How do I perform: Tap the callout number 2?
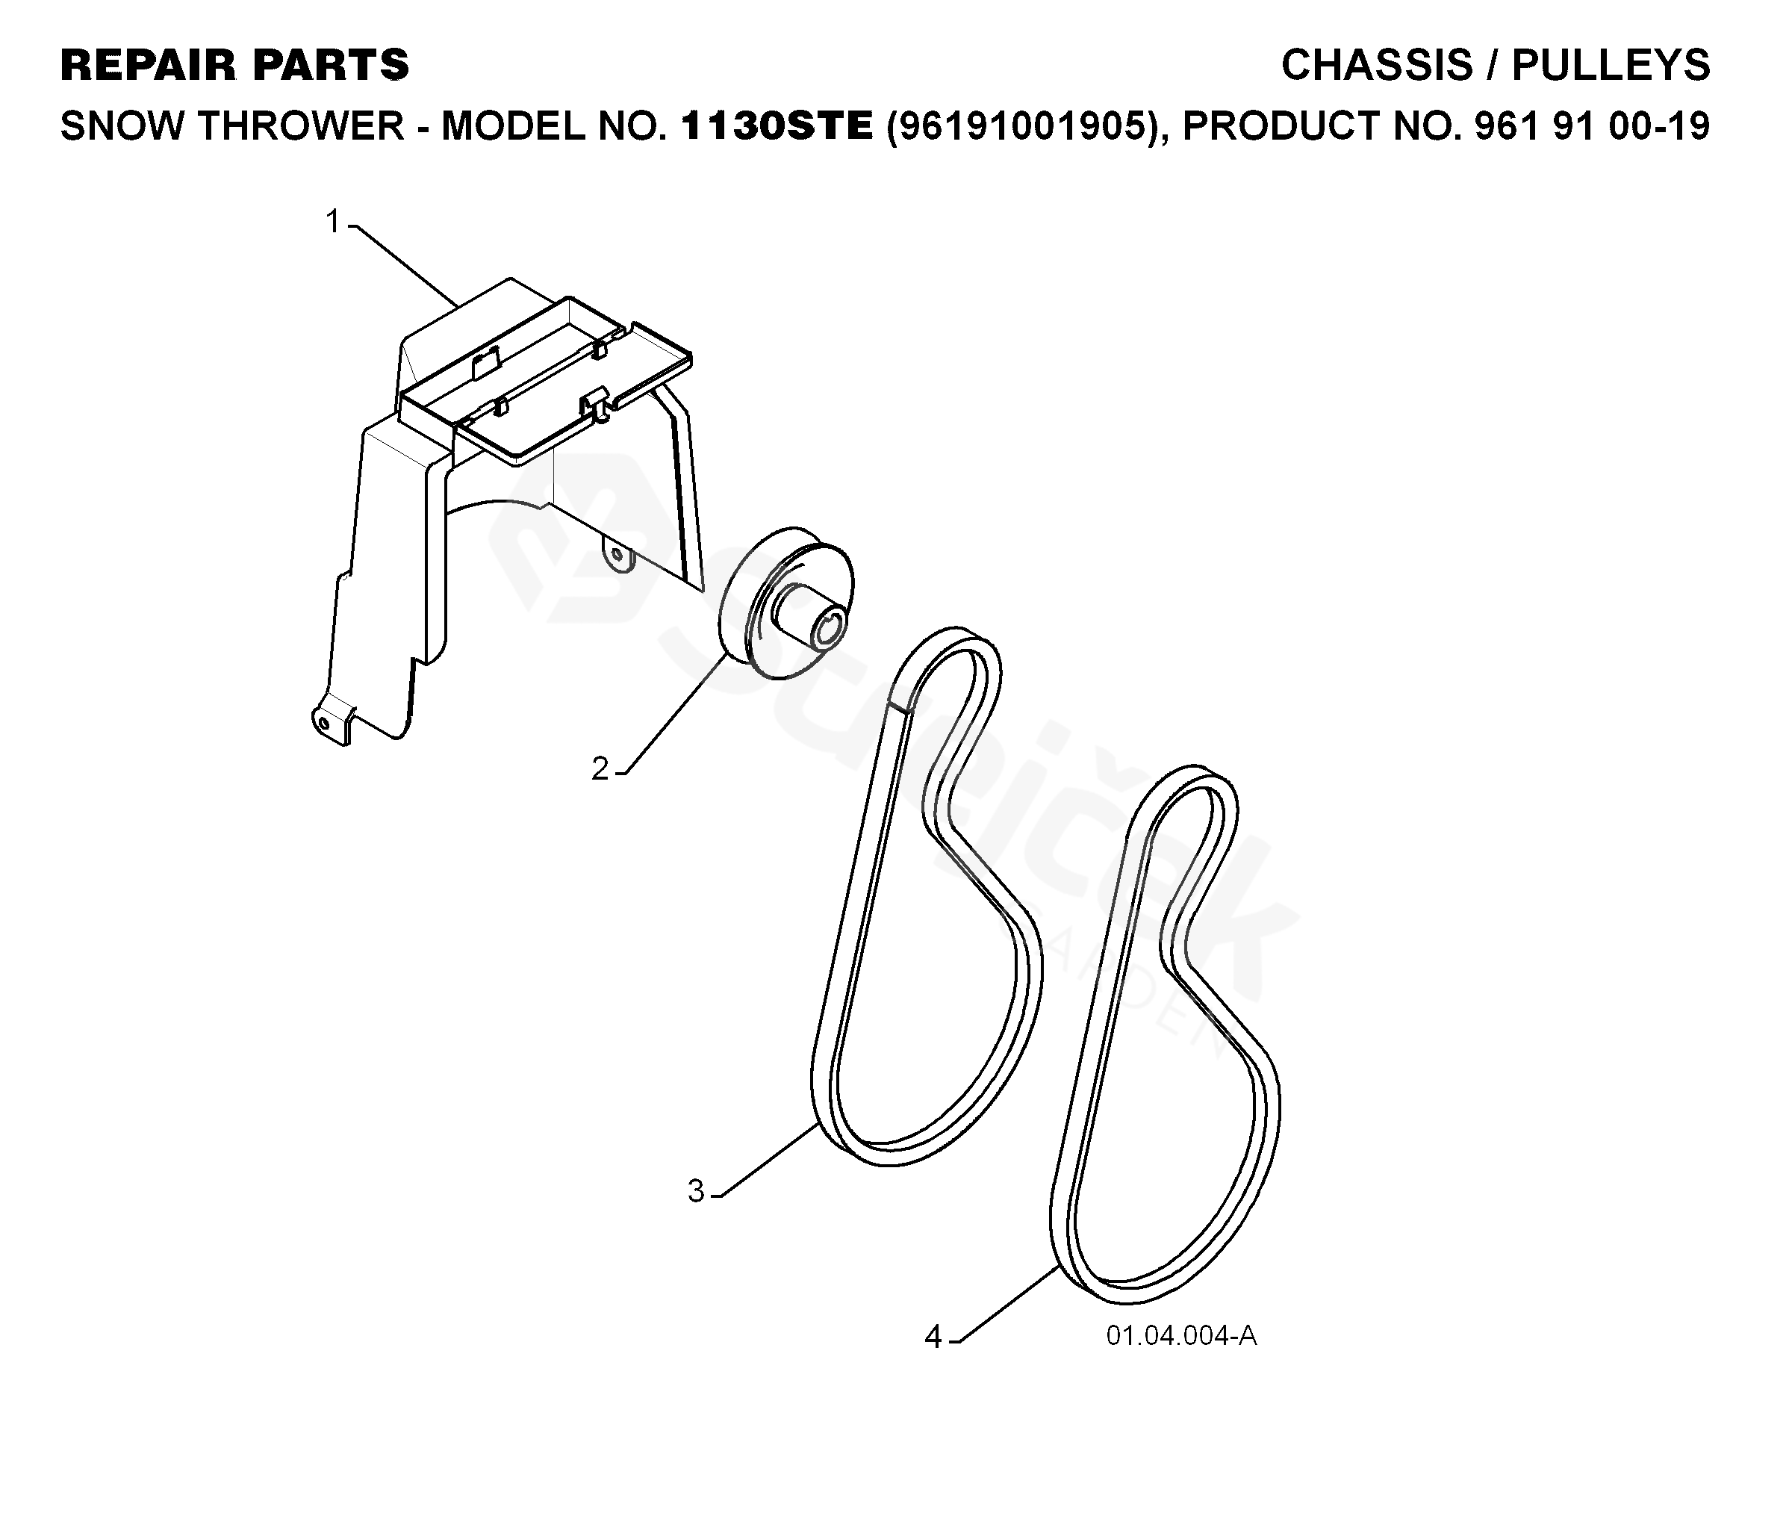point(600,768)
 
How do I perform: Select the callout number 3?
point(696,1190)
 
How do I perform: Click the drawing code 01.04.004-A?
point(1181,1335)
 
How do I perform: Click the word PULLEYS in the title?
point(1611,65)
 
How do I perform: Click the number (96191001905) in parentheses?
point(1024,126)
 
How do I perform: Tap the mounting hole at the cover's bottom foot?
point(323,723)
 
